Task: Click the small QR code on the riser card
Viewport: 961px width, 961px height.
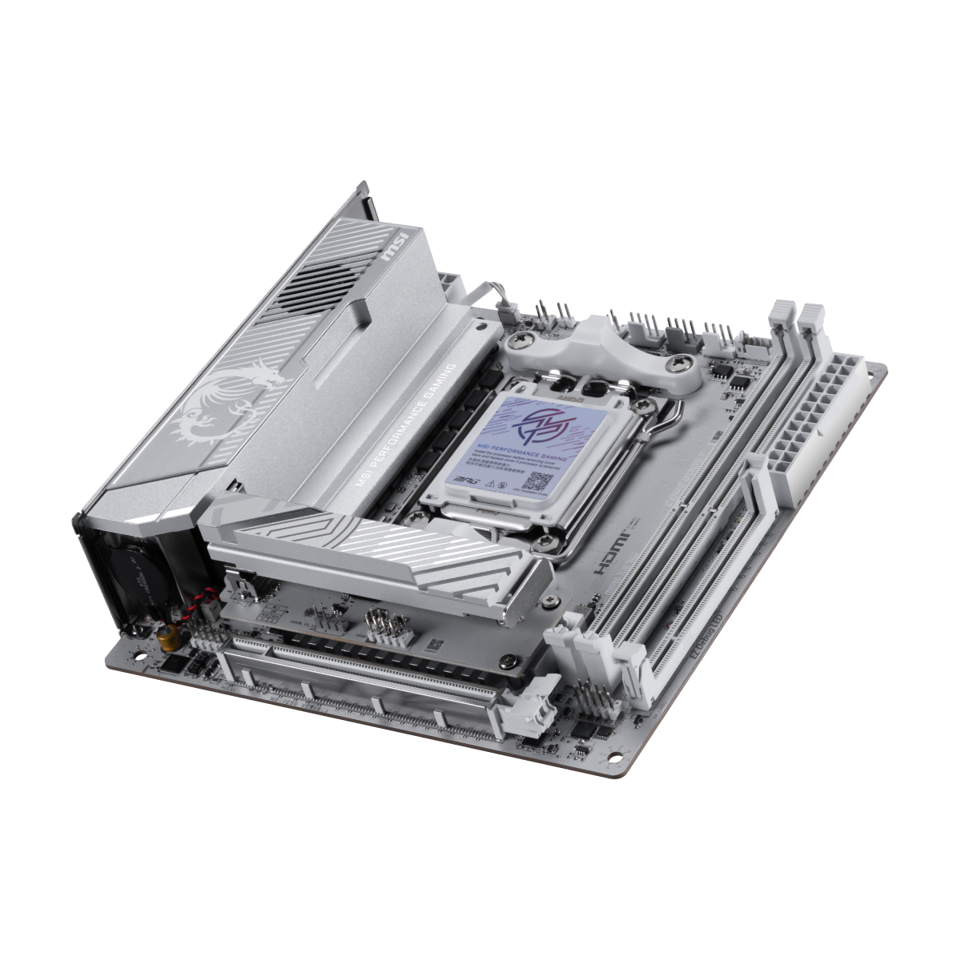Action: pyautogui.click(x=433, y=645)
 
